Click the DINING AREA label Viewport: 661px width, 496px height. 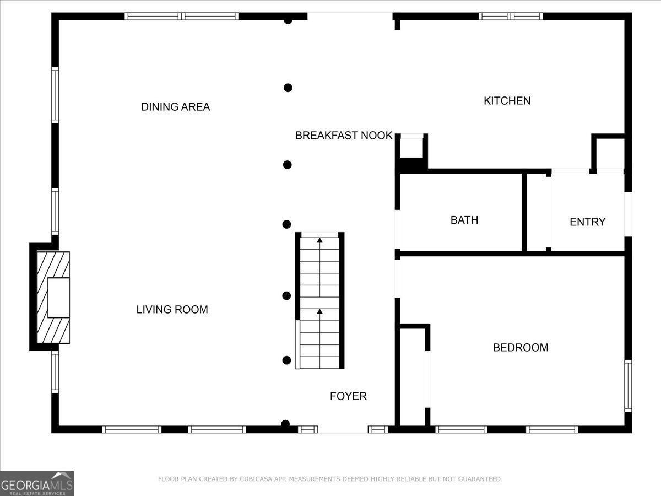(x=176, y=107)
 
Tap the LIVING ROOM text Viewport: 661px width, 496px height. (x=172, y=310)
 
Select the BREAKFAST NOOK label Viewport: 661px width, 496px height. (x=344, y=136)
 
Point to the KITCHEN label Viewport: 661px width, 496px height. (x=507, y=101)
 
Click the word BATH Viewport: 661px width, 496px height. (x=464, y=220)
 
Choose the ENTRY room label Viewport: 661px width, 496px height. (x=587, y=222)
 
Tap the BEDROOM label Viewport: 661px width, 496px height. (x=521, y=348)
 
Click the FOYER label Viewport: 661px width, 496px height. (x=348, y=396)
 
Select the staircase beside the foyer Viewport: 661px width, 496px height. (x=320, y=301)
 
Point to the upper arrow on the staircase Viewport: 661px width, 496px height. (x=319, y=240)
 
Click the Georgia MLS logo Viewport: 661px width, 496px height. (x=37, y=483)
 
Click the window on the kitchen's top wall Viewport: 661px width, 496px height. (x=511, y=16)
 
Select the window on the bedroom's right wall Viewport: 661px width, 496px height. (x=627, y=386)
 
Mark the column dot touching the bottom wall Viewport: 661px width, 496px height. (x=285, y=424)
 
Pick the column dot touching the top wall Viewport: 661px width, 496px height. (x=288, y=21)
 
